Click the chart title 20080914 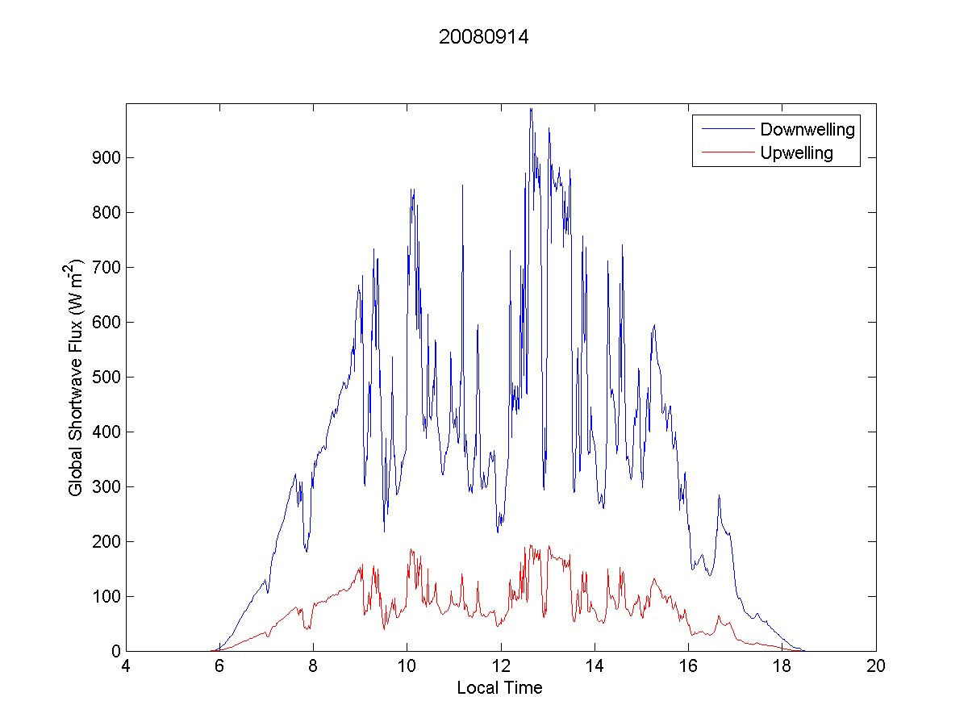tap(484, 37)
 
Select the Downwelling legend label tap(807, 129)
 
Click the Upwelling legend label tap(796, 152)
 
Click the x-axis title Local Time tap(499, 688)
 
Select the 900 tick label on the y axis tap(106, 157)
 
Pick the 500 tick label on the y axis tap(106, 377)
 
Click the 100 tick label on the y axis tap(106, 596)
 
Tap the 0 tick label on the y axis tap(115, 651)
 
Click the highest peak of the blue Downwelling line tap(531, 108)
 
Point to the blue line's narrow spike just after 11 tap(462, 186)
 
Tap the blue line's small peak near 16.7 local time tap(719, 495)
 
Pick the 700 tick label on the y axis tap(106, 267)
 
